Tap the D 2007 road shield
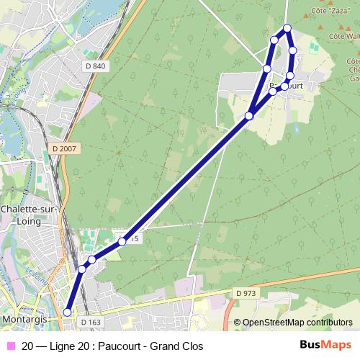pyautogui.click(x=65, y=148)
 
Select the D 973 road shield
pyautogui.click(x=246, y=293)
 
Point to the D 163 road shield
pyautogui.click(x=91, y=322)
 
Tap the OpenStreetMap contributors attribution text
pyautogui.click(x=297, y=323)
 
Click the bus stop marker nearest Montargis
pyautogui.click(x=68, y=312)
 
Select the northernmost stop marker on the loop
pyautogui.click(x=287, y=28)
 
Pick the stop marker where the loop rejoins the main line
pyautogui.click(x=249, y=115)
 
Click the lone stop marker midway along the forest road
pyautogui.click(x=122, y=241)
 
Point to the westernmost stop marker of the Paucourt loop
pyautogui.click(x=266, y=68)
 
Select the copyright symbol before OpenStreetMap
pyautogui.click(x=238, y=323)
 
